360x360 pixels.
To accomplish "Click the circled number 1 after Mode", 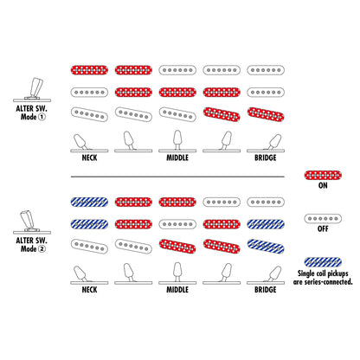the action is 42,117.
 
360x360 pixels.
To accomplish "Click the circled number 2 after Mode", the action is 42,249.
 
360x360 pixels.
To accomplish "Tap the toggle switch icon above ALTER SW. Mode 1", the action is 32,90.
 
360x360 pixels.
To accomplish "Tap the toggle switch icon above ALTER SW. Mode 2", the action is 32,222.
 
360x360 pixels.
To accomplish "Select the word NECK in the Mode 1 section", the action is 89,157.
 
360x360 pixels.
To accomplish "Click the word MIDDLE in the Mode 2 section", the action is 177,290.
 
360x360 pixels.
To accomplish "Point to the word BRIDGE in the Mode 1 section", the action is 266,157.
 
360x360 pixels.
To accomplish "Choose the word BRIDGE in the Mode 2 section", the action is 266,290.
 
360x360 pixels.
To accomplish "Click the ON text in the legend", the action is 323,185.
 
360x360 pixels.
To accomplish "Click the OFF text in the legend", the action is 323,228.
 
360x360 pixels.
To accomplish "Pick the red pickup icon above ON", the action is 323,175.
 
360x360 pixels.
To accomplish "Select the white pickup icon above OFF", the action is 323,219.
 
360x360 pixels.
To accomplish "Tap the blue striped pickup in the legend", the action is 323,262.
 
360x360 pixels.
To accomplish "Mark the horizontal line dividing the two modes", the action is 177,177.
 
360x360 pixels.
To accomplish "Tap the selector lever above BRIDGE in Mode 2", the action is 273,273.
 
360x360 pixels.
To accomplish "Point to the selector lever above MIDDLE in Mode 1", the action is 177,140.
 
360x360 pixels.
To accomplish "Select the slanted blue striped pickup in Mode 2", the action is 266,247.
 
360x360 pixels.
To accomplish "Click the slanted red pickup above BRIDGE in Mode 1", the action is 266,114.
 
